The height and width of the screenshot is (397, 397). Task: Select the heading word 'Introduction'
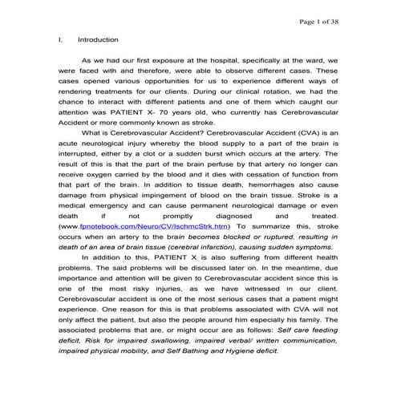[x=98, y=39]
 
